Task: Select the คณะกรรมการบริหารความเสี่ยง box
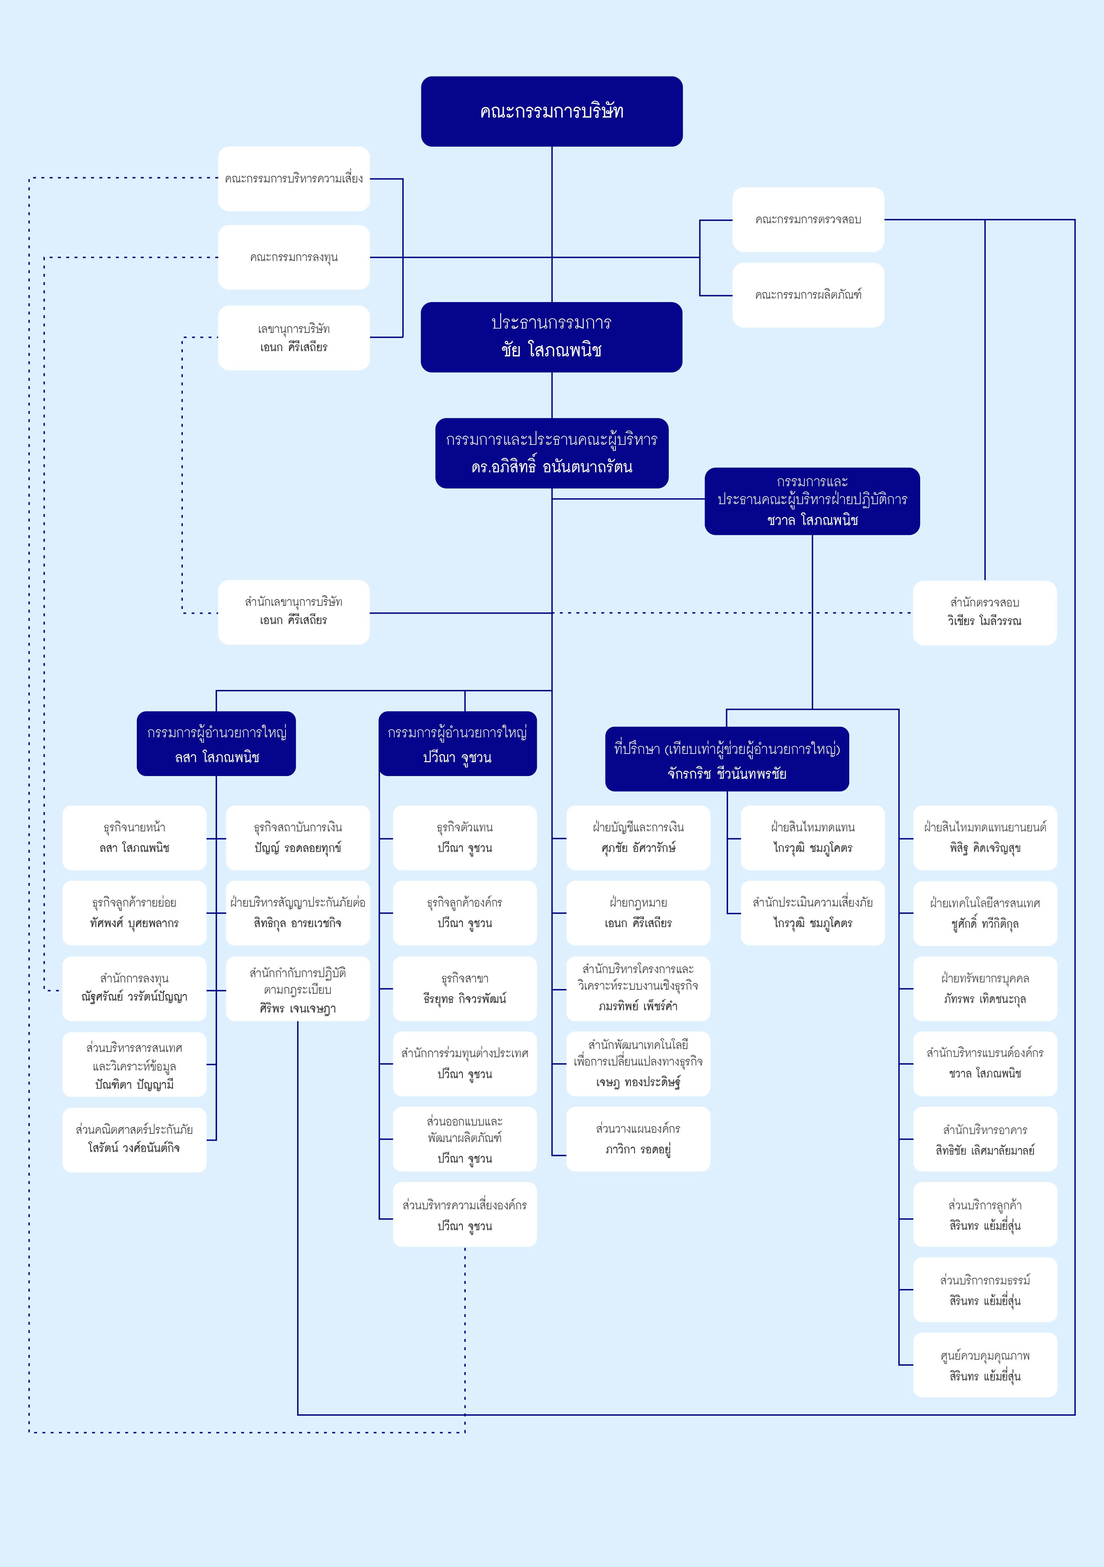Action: click(x=294, y=179)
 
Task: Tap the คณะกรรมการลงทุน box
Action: click(x=294, y=257)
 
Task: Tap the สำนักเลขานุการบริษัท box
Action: click(x=294, y=612)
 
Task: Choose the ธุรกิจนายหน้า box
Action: click(x=134, y=837)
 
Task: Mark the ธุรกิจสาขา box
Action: click(x=465, y=988)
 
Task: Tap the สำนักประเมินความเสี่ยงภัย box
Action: click(x=813, y=913)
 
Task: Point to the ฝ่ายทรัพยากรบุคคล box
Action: click(x=985, y=988)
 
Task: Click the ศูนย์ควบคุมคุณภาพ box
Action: click(x=985, y=1365)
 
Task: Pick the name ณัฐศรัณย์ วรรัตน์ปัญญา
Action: click(x=134, y=997)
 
